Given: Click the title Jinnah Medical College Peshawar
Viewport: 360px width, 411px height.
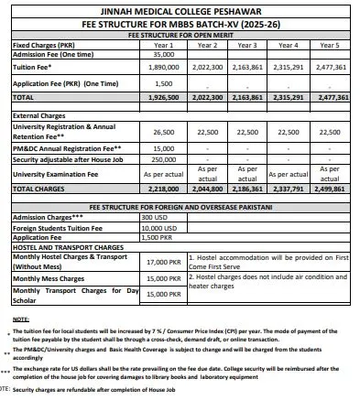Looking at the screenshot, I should (180, 10).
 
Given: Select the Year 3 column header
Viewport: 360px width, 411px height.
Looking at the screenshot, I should (247, 44).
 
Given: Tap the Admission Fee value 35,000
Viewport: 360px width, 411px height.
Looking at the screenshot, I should (163, 54).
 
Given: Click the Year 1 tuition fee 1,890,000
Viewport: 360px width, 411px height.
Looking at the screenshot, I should (163, 68).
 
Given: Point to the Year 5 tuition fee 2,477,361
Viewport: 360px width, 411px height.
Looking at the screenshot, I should (330, 68).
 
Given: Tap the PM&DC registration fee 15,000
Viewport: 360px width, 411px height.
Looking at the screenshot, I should (163, 146).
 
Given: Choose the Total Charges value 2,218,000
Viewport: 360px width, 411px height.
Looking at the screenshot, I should (163, 188).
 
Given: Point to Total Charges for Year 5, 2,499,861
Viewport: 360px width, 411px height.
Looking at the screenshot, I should (330, 188).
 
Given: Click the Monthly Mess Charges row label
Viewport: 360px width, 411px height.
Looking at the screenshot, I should (49, 277).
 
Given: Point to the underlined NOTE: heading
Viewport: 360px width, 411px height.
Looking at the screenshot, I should (20, 319).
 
